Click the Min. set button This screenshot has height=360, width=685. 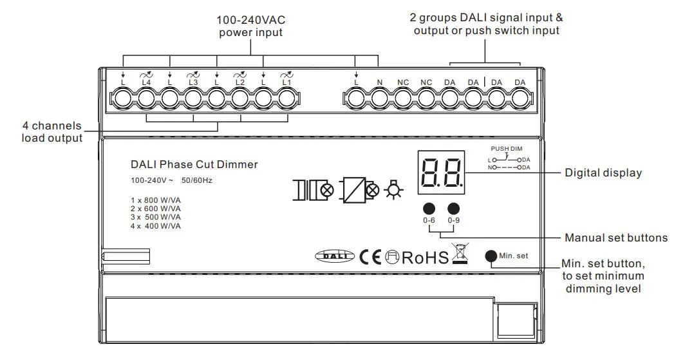[491, 255]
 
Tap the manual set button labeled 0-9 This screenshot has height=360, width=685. [455, 208]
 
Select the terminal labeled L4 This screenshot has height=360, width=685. [145, 99]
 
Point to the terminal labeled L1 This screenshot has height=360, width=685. [287, 99]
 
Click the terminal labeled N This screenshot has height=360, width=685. [379, 99]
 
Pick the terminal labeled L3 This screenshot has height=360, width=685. [192, 99]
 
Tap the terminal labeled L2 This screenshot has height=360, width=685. [240, 99]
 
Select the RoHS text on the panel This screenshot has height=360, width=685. [425, 258]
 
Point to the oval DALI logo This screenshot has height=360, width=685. [335, 256]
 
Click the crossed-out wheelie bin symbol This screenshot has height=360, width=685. [459, 254]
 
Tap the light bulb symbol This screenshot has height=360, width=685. [391, 191]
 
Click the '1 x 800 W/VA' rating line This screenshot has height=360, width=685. [155, 201]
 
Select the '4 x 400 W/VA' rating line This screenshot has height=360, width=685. [155, 226]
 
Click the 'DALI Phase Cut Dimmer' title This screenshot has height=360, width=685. [194, 164]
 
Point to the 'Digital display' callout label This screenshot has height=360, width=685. [603, 173]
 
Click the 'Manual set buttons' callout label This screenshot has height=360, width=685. [615, 238]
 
